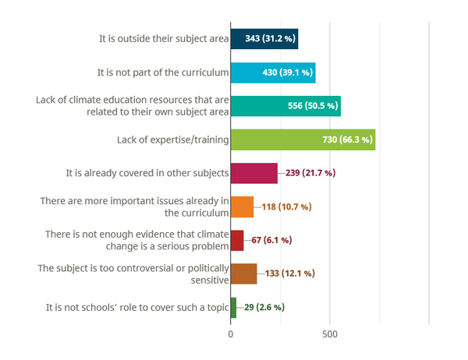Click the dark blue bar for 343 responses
pos(264,39)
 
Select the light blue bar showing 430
pos(273,72)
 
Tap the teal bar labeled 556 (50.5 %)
pos(285,106)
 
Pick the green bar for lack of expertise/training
pos(303,139)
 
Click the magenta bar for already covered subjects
pos(254,173)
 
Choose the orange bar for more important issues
pos(242,206)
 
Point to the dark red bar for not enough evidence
pos(237,240)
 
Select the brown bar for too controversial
pos(243,274)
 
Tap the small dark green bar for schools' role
pos(233,307)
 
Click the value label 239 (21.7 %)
pos(309,173)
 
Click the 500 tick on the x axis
pos(329,334)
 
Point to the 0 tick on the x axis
pos(231,334)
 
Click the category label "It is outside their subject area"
pos(163,39)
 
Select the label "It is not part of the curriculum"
pos(162,72)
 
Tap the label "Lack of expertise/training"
pos(172,139)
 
